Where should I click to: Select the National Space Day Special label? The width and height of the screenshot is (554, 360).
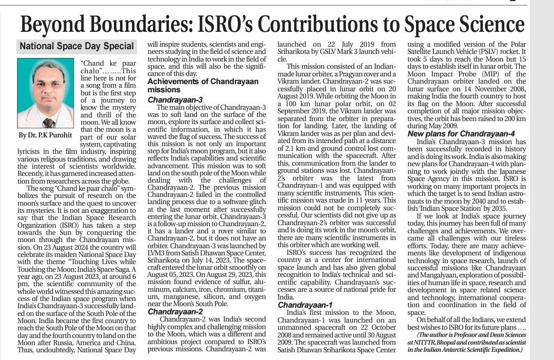(x=76, y=46)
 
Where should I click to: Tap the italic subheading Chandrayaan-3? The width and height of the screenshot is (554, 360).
(x=175, y=99)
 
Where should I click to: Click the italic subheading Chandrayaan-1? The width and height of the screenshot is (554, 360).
(x=305, y=305)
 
